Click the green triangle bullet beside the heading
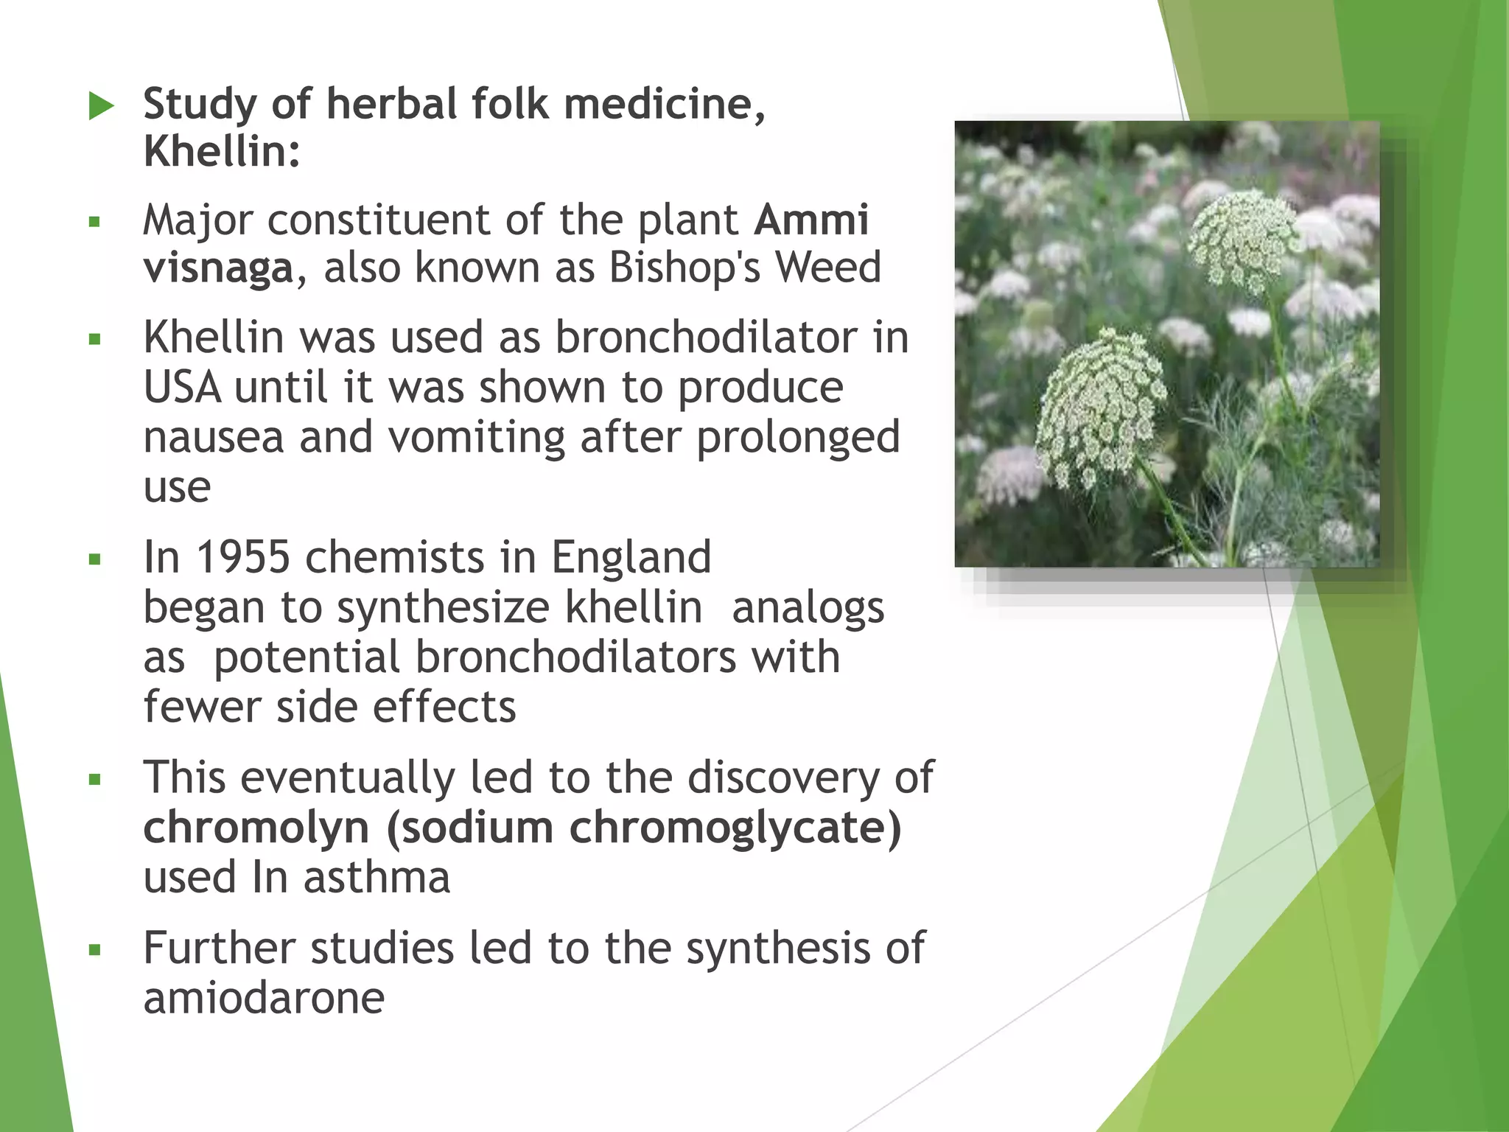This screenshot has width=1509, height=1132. pyautogui.click(x=102, y=105)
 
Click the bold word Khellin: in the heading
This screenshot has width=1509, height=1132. pyautogui.click(x=222, y=152)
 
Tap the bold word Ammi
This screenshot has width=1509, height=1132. pyautogui.click(x=812, y=220)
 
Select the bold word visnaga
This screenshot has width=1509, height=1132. pyautogui.click(x=219, y=268)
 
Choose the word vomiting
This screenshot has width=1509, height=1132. pyautogui.click(x=476, y=439)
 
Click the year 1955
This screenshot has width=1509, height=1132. pyautogui.click(x=242, y=557)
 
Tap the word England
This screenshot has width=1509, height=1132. pyautogui.click(x=631, y=559)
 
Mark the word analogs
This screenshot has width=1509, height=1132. pyautogui.click(x=808, y=609)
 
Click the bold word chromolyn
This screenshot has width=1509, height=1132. pyautogui.click(x=256, y=828)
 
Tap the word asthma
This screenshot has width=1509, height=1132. pyautogui.click(x=377, y=878)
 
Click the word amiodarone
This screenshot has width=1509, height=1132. pyautogui.click(x=264, y=998)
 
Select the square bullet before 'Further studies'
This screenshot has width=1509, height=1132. pyautogui.click(x=94, y=950)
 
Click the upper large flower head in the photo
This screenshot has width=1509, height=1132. pyautogui.click(x=1244, y=240)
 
